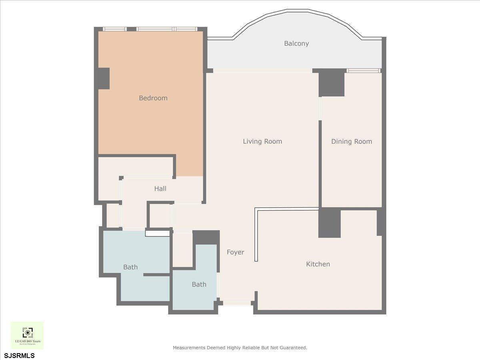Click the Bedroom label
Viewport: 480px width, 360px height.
(x=153, y=98)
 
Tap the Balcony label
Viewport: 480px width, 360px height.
(x=296, y=44)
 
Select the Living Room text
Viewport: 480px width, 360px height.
(x=262, y=142)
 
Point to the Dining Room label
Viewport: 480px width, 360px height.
(x=352, y=142)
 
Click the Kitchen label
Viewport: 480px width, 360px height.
(x=318, y=264)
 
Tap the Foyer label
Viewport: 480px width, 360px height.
(x=235, y=252)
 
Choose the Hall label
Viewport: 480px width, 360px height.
(x=160, y=188)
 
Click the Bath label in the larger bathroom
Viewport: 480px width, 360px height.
(x=130, y=267)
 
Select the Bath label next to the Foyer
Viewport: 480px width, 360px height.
(x=199, y=284)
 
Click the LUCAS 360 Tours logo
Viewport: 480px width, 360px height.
(x=27, y=335)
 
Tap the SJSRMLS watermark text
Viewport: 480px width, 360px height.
(x=20, y=355)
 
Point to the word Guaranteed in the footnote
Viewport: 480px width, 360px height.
(x=293, y=348)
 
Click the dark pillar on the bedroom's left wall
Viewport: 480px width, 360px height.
(x=104, y=78)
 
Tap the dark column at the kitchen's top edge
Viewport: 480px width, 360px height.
(x=329, y=222)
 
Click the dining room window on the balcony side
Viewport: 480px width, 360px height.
(x=363, y=71)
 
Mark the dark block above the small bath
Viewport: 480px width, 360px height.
(x=206, y=237)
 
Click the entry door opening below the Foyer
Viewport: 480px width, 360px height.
(x=237, y=304)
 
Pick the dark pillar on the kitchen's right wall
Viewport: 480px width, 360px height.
(x=381, y=222)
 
